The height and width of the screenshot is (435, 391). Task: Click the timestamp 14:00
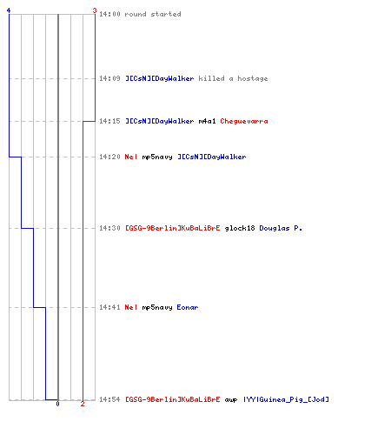click(109, 14)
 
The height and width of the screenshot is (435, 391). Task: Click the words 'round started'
click(153, 14)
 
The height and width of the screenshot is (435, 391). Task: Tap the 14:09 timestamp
click(109, 78)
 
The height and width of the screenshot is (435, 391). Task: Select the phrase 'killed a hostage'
click(233, 78)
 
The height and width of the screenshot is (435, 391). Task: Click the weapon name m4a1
click(207, 121)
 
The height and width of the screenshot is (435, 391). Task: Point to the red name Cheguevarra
click(244, 121)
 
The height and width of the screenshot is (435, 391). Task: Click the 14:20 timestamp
click(109, 157)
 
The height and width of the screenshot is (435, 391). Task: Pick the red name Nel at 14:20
click(131, 157)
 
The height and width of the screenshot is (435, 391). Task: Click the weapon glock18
click(240, 228)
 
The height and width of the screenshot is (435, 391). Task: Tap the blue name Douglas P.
click(281, 228)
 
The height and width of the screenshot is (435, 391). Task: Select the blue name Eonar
click(188, 307)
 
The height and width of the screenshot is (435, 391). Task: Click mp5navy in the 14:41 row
click(157, 307)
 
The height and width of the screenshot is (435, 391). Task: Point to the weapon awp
click(231, 399)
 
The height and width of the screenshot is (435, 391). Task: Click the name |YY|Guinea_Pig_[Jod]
click(286, 399)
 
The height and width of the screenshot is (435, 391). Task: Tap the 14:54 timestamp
click(109, 399)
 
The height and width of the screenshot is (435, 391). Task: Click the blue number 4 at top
click(9, 10)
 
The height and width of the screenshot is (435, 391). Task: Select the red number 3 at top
click(95, 10)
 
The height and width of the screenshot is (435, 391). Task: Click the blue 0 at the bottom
click(57, 404)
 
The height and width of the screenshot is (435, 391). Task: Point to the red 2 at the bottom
click(83, 404)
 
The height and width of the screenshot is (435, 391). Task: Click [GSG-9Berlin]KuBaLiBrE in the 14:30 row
click(173, 228)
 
